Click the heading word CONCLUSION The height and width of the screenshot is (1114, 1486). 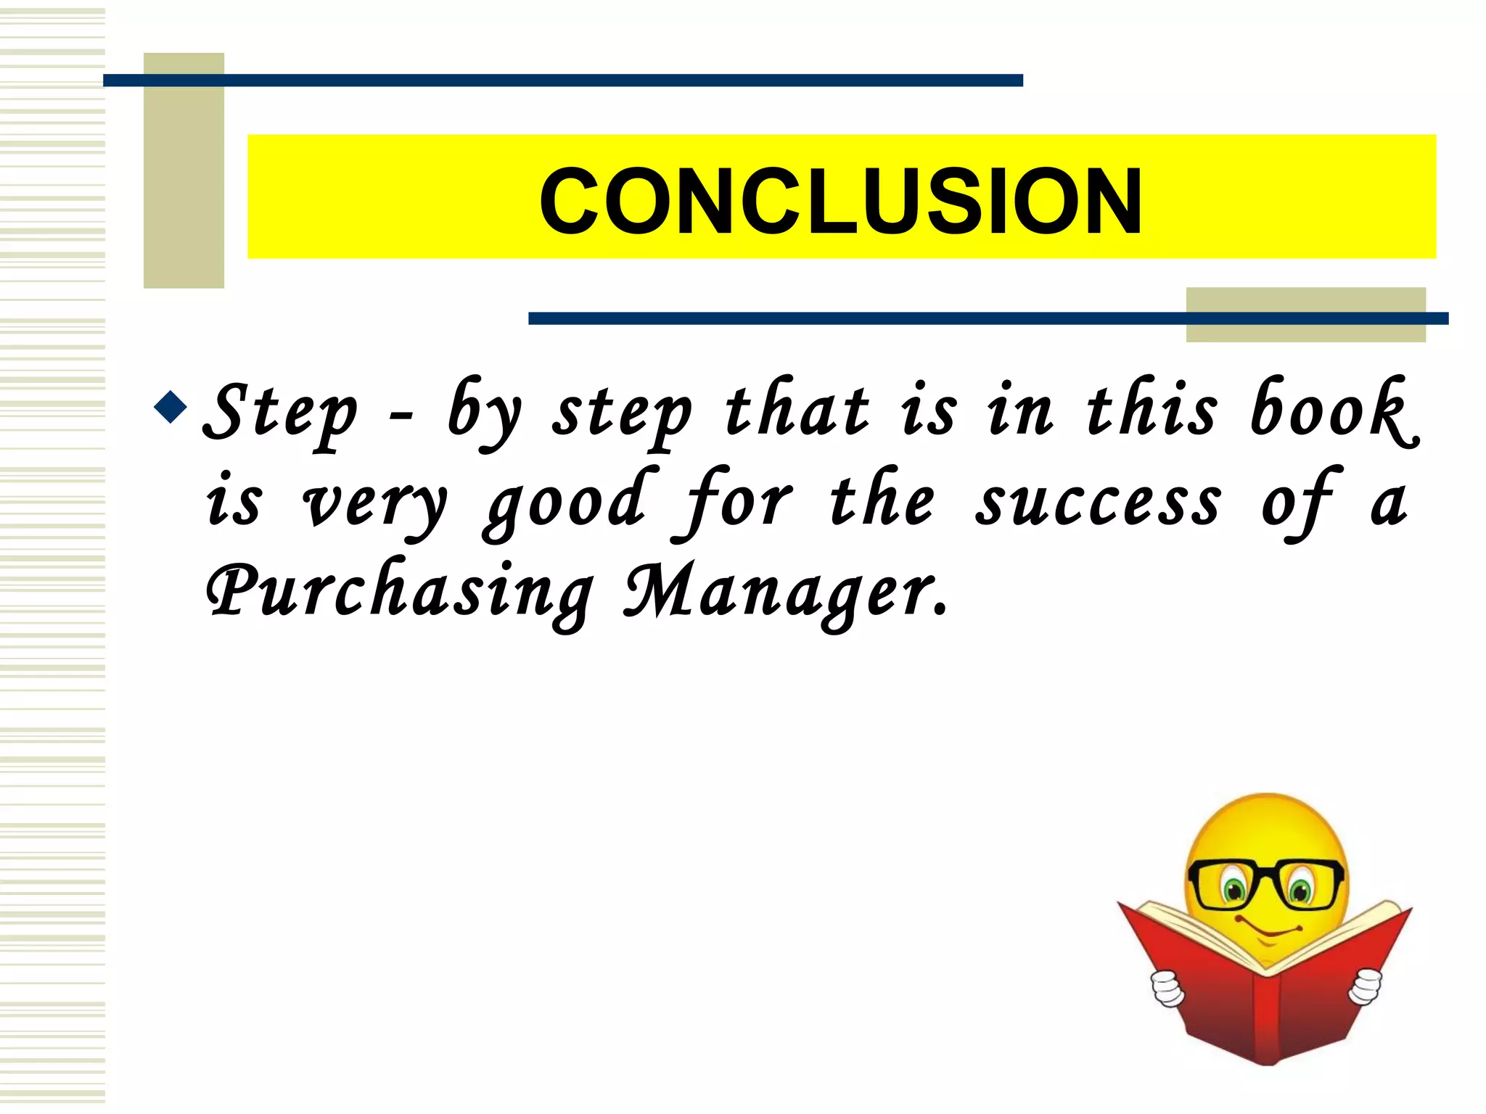(x=840, y=202)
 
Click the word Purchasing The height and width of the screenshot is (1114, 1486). (x=398, y=591)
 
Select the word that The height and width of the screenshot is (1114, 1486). (x=797, y=409)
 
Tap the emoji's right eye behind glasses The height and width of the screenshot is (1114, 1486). (x=1301, y=888)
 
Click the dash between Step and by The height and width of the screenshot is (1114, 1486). (x=401, y=416)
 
